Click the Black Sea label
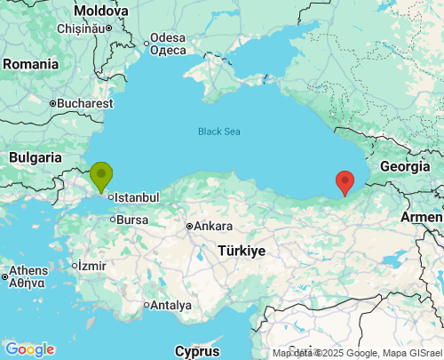tap(218, 132)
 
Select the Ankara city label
tap(213, 226)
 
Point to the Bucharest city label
tap(86, 103)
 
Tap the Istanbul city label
tap(137, 196)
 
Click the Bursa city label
tap(132, 220)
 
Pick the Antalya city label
tap(171, 305)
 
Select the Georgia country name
tap(405, 166)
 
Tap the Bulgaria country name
tap(35, 157)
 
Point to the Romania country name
tap(29, 64)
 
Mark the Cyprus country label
tap(197, 350)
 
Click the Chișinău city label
tap(81, 28)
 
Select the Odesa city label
tap(168, 44)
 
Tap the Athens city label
tap(28, 276)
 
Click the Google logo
tap(29, 349)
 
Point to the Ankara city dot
tap(189, 226)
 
